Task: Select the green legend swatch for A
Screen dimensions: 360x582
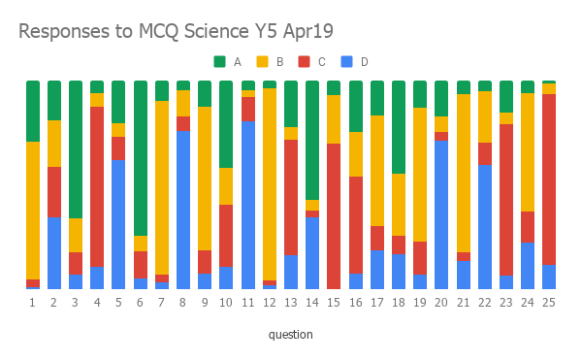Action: click(x=220, y=61)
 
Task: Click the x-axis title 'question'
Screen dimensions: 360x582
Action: click(x=291, y=335)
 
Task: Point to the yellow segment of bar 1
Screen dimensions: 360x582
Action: click(x=33, y=211)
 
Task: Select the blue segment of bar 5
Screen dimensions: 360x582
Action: click(x=118, y=224)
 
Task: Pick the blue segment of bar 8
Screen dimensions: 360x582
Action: click(x=182, y=210)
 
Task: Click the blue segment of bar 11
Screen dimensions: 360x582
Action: click(x=247, y=205)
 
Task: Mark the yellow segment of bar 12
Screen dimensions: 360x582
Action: click(x=269, y=184)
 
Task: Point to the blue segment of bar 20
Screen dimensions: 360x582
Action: click(x=441, y=214)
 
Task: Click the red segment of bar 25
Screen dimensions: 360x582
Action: click(x=549, y=180)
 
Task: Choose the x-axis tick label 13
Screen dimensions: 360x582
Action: click(x=290, y=303)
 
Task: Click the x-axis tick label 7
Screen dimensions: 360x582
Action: click(x=161, y=303)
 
